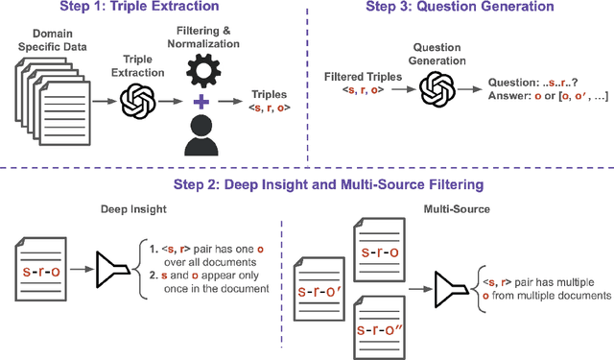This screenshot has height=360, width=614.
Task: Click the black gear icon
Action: click(x=203, y=71)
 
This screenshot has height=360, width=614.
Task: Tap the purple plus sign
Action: click(x=201, y=102)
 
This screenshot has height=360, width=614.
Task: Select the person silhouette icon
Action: click(x=201, y=135)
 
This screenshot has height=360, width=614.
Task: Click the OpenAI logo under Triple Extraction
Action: click(x=138, y=101)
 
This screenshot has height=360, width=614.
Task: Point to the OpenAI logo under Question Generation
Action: click(x=437, y=89)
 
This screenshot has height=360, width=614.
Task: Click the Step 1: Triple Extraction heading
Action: click(x=139, y=7)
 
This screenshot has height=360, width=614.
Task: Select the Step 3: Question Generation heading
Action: click(x=460, y=7)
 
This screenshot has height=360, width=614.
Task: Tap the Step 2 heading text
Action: click(x=328, y=184)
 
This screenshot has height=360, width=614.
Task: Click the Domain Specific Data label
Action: click(x=53, y=40)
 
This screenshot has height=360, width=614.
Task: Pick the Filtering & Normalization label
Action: click(x=203, y=37)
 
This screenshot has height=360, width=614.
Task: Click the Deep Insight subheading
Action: click(x=133, y=209)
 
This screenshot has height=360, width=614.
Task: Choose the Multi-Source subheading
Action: click(x=457, y=209)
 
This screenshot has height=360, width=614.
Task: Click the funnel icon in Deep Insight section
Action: click(x=112, y=270)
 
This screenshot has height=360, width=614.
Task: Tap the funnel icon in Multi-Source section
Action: click(x=451, y=289)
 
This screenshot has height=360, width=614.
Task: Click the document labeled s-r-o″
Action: click(x=380, y=327)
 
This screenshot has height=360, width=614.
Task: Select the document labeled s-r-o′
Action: click(x=319, y=289)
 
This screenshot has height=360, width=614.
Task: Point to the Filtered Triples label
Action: click(x=363, y=77)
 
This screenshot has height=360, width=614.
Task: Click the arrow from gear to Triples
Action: click(x=230, y=102)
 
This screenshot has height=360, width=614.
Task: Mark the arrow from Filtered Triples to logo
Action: click(x=403, y=89)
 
